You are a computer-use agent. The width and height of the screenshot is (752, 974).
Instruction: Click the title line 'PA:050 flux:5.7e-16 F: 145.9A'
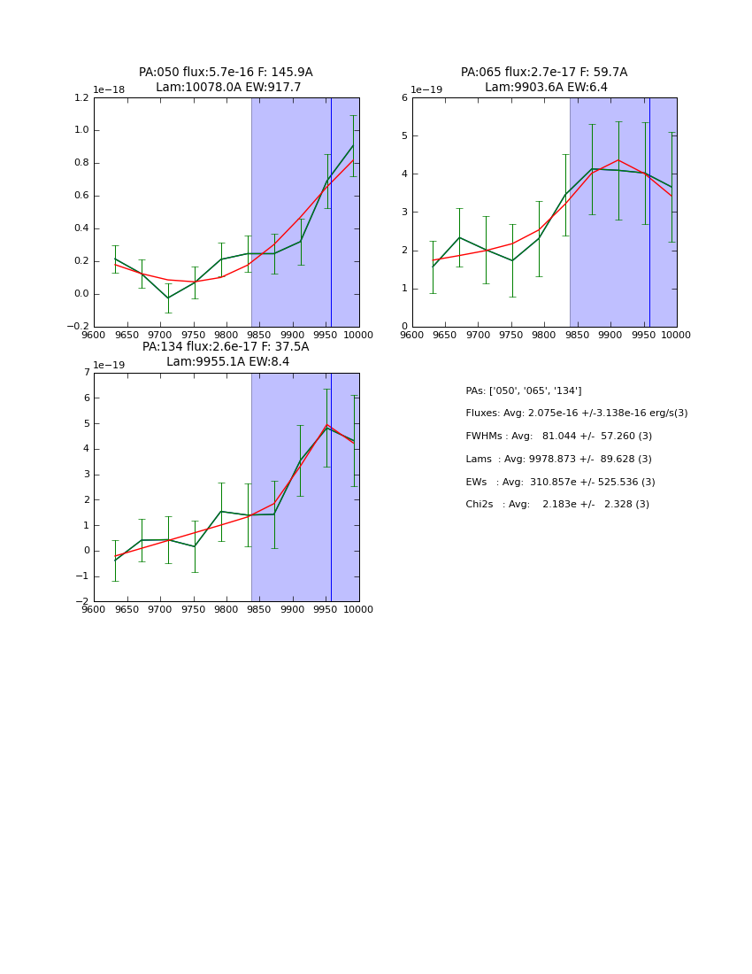coord(226,73)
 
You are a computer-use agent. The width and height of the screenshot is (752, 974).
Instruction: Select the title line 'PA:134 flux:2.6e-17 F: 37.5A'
coord(226,347)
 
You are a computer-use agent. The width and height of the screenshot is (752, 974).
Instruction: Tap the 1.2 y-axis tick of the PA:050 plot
coord(81,98)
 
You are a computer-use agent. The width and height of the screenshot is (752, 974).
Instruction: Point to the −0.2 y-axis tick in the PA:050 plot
coord(78,327)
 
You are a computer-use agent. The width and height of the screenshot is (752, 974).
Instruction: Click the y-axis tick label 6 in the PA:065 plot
coord(403,98)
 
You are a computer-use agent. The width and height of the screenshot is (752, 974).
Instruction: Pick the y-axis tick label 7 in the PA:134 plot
coord(86,373)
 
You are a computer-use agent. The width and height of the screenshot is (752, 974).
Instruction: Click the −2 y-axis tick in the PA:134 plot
coord(82,601)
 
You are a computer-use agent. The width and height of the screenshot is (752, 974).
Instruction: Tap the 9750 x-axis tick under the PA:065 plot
coord(511,335)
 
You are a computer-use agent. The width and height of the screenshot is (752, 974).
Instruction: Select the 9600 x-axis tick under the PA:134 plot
coord(94,609)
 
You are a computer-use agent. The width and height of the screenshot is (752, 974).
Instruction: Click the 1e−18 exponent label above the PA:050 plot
coord(109,90)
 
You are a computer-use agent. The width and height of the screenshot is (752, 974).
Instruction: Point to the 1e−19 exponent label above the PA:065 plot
coord(427,90)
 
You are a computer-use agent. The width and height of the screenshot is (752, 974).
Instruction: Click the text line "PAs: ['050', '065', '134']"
coord(524,391)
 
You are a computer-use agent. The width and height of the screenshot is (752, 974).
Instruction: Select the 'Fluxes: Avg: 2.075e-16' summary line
coord(576,414)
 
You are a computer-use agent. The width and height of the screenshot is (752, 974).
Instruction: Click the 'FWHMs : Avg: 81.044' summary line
coord(558,437)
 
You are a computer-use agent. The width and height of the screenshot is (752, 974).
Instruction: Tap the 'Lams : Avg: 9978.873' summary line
coord(558,460)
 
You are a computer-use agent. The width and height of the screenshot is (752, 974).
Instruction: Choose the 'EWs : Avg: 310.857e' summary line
coord(560,483)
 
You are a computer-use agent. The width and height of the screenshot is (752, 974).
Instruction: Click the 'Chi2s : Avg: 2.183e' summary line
coord(557,505)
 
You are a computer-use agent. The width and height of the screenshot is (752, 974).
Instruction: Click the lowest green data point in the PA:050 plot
coord(168,298)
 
